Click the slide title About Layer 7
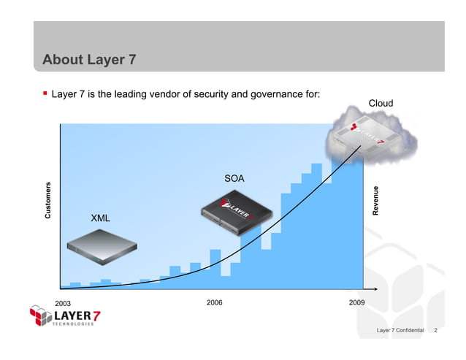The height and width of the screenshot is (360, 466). click(x=89, y=60)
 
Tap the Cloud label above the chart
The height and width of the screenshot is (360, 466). click(x=381, y=103)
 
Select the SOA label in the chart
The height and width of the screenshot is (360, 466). click(x=234, y=178)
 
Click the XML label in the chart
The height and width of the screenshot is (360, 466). click(x=100, y=218)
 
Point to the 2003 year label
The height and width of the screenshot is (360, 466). click(x=64, y=303)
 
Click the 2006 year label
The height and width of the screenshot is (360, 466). click(x=214, y=302)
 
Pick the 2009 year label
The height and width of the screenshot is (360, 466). click(x=357, y=302)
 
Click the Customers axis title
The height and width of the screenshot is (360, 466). click(x=47, y=199)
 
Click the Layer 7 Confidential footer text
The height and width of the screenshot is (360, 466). click(x=400, y=331)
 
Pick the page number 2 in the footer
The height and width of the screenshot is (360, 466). click(x=435, y=331)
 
